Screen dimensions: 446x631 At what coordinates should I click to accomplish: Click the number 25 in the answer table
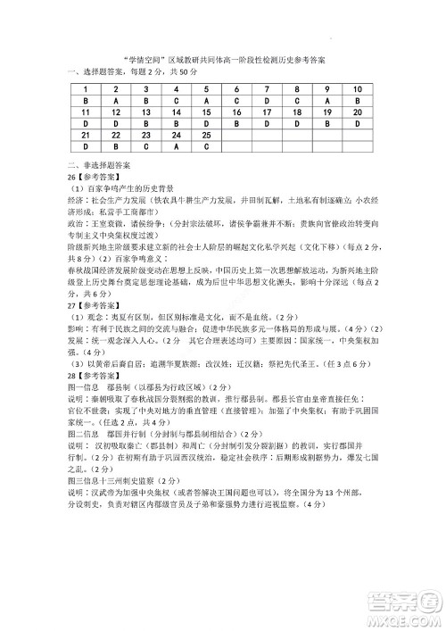[207, 135]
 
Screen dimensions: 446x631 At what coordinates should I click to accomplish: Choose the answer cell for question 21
[85, 146]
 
